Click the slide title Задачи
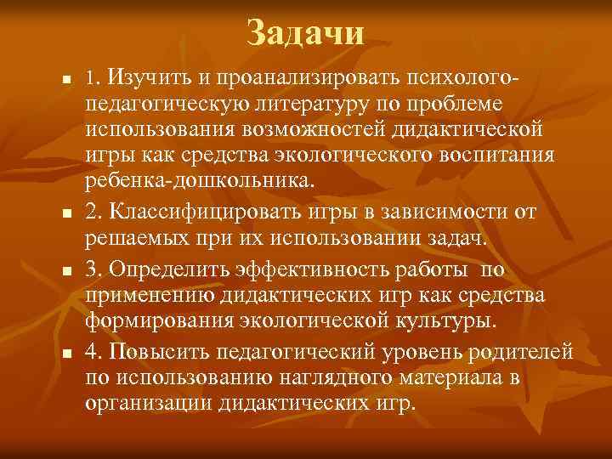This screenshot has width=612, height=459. pos(306,33)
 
